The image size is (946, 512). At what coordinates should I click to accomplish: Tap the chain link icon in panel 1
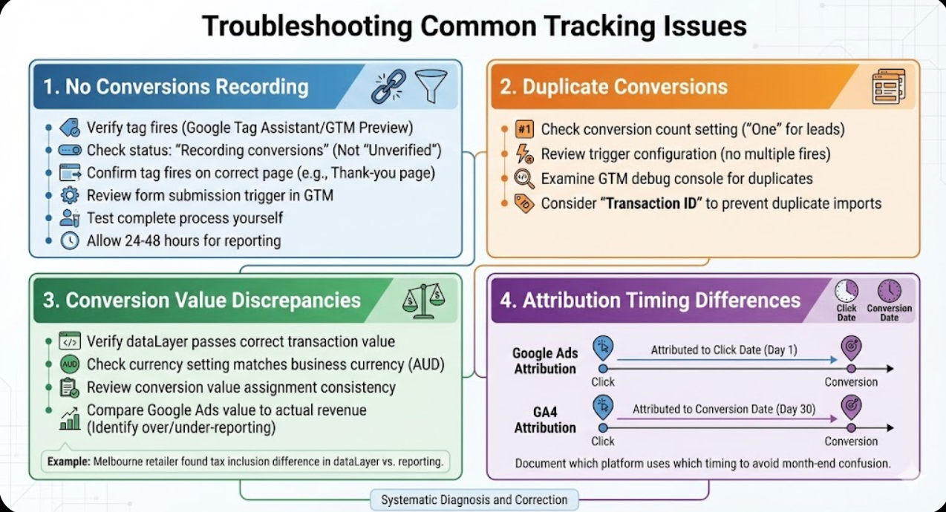pyautogui.click(x=388, y=86)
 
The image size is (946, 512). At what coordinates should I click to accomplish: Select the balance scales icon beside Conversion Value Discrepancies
pyautogui.click(x=423, y=300)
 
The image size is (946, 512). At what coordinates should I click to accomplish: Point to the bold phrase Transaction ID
pyautogui.click(x=652, y=203)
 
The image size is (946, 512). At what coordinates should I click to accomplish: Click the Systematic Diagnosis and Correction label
pyautogui.click(x=474, y=499)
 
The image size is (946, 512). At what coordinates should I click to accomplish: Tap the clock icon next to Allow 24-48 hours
pyautogui.click(x=69, y=240)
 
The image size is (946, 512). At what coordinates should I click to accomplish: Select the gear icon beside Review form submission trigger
pyautogui.click(x=69, y=196)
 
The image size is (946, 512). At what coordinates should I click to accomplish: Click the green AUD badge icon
pyautogui.click(x=69, y=364)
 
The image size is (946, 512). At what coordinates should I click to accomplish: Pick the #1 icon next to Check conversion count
pyautogui.click(x=524, y=129)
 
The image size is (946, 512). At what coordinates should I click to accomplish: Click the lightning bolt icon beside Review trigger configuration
pyautogui.click(x=524, y=154)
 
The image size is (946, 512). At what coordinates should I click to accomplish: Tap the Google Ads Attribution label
pyautogui.click(x=544, y=361)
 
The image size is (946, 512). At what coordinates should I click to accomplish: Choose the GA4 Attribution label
pyautogui.click(x=544, y=420)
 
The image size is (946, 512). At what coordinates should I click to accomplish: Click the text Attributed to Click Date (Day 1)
pyautogui.click(x=723, y=349)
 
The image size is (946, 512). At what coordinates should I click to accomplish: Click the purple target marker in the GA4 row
pyautogui.click(x=851, y=407)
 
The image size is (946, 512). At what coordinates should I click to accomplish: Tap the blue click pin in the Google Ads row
pyautogui.click(x=603, y=347)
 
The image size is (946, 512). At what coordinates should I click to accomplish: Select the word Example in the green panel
pyautogui.click(x=68, y=462)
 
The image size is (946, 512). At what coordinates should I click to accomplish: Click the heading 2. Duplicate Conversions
pyautogui.click(x=613, y=86)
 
